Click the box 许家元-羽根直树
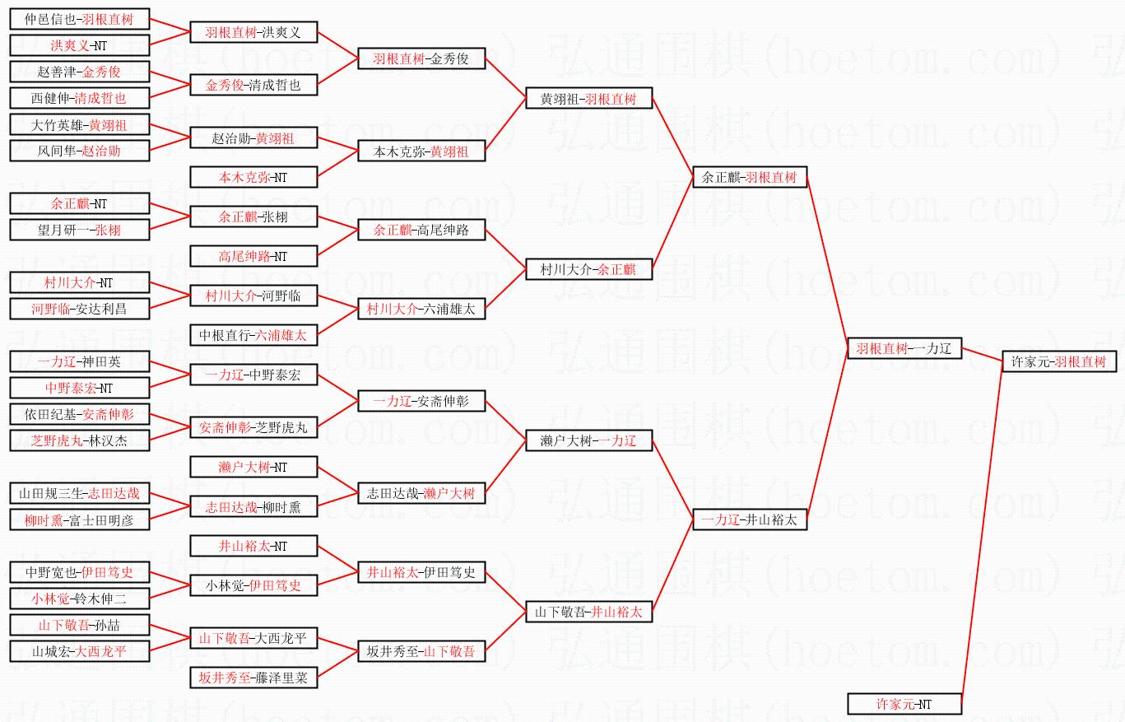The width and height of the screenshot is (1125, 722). click(x=1058, y=361)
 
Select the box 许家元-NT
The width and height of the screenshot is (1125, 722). click(x=904, y=704)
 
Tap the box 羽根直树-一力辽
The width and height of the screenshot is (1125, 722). click(x=904, y=348)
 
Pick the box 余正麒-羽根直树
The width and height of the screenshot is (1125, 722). click(x=750, y=177)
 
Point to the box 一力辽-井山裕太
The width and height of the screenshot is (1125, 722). click(x=750, y=519)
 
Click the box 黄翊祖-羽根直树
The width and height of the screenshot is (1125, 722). click(x=589, y=99)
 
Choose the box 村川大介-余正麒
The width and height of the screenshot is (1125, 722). click(x=589, y=269)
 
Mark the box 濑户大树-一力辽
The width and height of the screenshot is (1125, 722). click(x=589, y=441)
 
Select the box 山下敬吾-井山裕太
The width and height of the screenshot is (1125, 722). click(x=589, y=612)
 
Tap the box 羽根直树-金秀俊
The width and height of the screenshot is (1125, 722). click(x=421, y=59)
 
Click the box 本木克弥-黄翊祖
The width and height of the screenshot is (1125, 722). click(x=421, y=151)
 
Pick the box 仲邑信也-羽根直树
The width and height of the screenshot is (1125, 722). click(x=80, y=19)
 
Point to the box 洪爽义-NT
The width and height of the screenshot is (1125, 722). click(x=80, y=45)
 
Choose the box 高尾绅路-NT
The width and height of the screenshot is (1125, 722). click(x=253, y=256)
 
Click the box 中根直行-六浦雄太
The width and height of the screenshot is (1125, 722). click(x=253, y=335)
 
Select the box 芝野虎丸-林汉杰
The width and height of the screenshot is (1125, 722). click(x=80, y=440)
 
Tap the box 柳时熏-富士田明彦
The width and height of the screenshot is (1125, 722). click(x=80, y=519)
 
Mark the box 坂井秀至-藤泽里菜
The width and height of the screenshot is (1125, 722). click(x=253, y=678)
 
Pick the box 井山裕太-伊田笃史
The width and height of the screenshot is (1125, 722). click(x=421, y=572)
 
